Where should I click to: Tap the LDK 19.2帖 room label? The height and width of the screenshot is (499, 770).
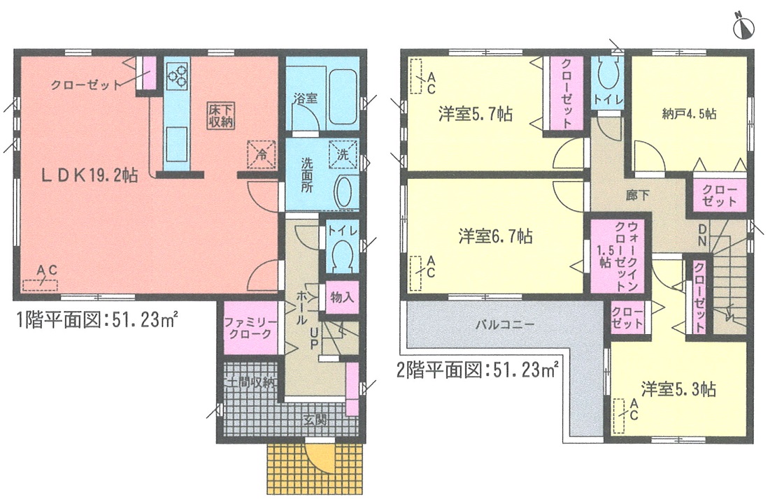click(x=88, y=175)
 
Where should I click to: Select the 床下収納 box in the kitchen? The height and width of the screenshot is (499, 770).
click(x=220, y=116)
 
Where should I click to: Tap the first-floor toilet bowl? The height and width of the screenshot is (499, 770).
click(x=342, y=256)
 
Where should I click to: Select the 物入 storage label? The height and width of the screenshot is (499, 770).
click(x=342, y=297)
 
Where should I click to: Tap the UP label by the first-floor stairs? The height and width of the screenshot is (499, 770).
click(x=313, y=338)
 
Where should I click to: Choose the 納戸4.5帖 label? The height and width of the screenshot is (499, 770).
click(x=689, y=114)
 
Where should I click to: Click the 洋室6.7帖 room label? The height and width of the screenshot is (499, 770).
click(x=495, y=236)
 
